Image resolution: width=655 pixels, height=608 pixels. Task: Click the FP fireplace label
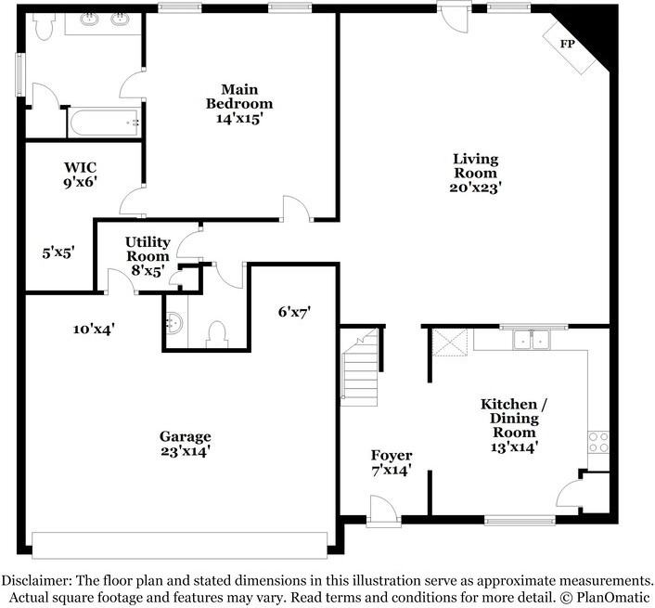[x=567, y=44]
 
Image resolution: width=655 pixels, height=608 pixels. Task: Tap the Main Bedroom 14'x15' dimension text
[x=239, y=119]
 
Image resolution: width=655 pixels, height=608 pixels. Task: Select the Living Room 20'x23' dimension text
[x=475, y=188]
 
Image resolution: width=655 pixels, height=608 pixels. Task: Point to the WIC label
[x=80, y=168]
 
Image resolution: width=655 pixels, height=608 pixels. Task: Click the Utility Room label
[x=148, y=249]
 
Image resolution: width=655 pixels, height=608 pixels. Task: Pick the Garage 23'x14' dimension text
[x=185, y=451]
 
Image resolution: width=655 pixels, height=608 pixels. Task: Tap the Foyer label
[x=392, y=455]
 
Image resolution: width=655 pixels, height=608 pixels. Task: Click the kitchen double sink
[x=532, y=340]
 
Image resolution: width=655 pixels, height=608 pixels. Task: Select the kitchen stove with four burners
[x=598, y=443]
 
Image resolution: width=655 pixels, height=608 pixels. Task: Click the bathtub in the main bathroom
[x=105, y=123]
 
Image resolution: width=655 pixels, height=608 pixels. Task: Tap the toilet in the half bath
[x=217, y=334]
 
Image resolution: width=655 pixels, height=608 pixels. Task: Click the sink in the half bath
[x=173, y=323]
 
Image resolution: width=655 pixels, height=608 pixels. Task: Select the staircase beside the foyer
[x=359, y=367]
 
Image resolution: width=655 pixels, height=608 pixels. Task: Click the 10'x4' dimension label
[x=94, y=330]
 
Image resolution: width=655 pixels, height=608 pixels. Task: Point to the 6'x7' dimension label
[x=295, y=312]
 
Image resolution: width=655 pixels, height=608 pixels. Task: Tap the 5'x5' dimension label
[x=58, y=252]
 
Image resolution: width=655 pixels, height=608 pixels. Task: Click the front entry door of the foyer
[x=383, y=510]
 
